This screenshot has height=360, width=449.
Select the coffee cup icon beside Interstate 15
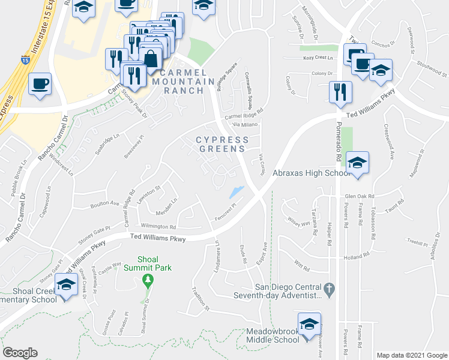[x=40, y=83]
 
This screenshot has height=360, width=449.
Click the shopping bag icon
[x=151, y=58]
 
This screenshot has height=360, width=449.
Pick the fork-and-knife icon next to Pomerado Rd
[x=340, y=91]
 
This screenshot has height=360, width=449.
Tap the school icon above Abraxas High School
[x=357, y=162]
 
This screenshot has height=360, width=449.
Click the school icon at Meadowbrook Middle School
[x=309, y=323]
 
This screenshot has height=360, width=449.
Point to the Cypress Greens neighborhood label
[x=222, y=144]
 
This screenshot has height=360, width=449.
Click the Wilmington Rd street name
[x=158, y=227]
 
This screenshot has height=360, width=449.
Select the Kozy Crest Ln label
[x=318, y=58]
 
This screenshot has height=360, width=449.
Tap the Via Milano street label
[x=245, y=124]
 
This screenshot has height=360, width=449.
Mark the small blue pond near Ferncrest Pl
[x=236, y=192]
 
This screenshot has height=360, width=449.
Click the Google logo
[x=20, y=353]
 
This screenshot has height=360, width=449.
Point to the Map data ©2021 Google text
[x=412, y=355]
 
